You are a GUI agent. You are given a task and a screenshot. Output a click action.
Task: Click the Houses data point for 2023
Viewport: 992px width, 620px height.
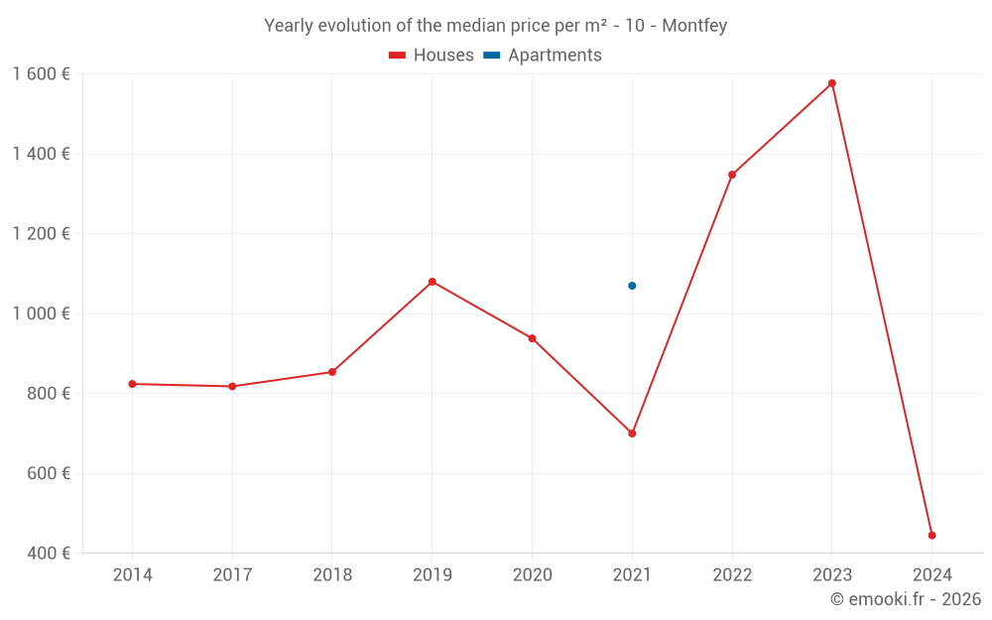[x=832, y=83]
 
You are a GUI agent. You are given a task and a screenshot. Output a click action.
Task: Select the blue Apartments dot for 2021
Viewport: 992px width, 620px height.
[x=632, y=286]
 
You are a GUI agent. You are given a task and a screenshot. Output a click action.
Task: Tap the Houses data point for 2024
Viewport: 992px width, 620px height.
[x=931, y=536]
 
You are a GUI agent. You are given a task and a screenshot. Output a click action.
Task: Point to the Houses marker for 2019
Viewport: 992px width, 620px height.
[x=433, y=282]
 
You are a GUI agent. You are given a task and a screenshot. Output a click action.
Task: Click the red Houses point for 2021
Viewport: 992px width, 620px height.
[x=632, y=434]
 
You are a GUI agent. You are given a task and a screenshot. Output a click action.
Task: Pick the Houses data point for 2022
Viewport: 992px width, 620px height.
[x=732, y=175]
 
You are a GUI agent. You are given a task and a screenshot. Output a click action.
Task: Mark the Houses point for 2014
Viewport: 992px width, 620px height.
[x=132, y=384]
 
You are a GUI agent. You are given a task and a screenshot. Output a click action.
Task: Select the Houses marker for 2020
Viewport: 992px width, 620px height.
[x=532, y=338]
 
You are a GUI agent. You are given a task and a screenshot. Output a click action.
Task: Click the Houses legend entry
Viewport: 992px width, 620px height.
[x=432, y=56]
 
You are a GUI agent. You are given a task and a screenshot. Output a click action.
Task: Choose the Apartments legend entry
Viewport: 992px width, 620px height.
[x=543, y=56]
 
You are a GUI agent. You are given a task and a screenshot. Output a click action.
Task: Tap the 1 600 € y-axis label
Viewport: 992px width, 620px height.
[x=41, y=74]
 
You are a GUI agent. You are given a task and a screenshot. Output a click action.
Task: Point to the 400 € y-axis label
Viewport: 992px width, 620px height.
[x=47, y=554]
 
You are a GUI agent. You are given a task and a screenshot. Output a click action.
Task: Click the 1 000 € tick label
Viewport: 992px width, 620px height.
[x=41, y=313]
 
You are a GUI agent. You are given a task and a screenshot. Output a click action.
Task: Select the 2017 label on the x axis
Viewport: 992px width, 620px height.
[x=232, y=575]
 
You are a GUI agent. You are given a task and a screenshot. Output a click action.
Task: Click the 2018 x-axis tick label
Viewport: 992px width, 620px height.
[x=332, y=575]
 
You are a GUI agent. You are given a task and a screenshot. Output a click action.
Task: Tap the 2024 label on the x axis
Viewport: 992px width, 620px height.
[x=931, y=575]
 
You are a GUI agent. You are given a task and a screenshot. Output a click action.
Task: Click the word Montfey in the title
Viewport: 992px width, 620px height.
[x=694, y=26]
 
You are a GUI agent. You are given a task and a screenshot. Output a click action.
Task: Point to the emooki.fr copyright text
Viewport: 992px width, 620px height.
[x=906, y=599]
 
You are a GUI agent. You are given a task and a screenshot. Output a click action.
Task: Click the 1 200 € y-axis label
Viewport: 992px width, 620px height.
[x=41, y=234]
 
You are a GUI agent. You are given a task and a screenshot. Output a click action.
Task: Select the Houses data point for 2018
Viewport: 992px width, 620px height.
[x=332, y=372]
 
